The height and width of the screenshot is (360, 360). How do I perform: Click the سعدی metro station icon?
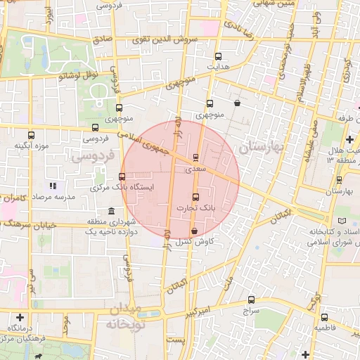coord(195,157)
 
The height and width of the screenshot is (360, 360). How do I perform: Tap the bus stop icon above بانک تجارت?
coord(195,196)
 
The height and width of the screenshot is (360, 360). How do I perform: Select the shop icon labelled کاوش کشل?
coord(194,231)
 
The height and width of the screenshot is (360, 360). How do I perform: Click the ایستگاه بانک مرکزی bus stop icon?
coord(122,176)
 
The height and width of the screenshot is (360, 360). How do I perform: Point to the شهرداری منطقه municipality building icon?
coord(111,212)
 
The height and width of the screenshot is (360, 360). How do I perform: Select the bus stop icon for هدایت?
coord(218,56)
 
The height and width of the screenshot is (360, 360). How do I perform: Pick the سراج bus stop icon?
coord(253,298)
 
